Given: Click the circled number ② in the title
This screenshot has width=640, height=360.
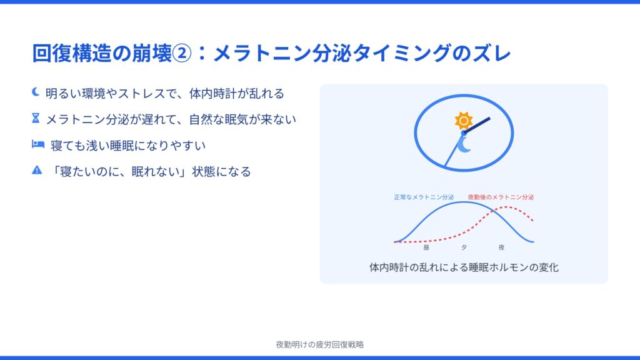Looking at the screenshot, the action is pyautogui.click(x=182, y=54).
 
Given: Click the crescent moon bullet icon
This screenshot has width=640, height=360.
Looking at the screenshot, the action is pyautogui.click(x=36, y=92).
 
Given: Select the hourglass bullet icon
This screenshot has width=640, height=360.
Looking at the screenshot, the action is pyautogui.click(x=36, y=118).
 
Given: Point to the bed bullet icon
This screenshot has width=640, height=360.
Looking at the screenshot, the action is pyautogui.click(x=38, y=144).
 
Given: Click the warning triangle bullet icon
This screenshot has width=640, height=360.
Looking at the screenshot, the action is pyautogui.click(x=37, y=170).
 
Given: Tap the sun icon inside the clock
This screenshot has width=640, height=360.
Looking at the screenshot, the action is pyautogui.click(x=464, y=121).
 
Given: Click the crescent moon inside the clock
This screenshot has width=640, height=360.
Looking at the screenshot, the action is pyautogui.click(x=464, y=145).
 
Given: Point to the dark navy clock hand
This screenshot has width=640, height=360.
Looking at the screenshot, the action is pyautogui.click(x=477, y=126).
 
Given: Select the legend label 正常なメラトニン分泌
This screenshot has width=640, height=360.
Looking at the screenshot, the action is pyautogui.click(x=424, y=197).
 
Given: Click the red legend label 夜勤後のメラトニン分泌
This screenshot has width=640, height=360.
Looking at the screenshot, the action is pyautogui.click(x=501, y=197).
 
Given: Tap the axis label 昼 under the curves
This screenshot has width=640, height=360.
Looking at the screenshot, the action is pyautogui.click(x=426, y=247).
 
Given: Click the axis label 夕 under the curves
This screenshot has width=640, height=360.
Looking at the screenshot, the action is pyautogui.click(x=464, y=247).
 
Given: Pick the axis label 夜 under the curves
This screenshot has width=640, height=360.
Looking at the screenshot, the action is pyautogui.click(x=502, y=247).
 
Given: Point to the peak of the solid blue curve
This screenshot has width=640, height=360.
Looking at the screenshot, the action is pyautogui.click(x=463, y=202).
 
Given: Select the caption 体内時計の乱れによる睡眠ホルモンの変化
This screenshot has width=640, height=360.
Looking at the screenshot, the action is pyautogui.click(x=464, y=267).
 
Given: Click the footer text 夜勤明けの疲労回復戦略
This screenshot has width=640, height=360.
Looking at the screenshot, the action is pyautogui.click(x=320, y=344).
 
